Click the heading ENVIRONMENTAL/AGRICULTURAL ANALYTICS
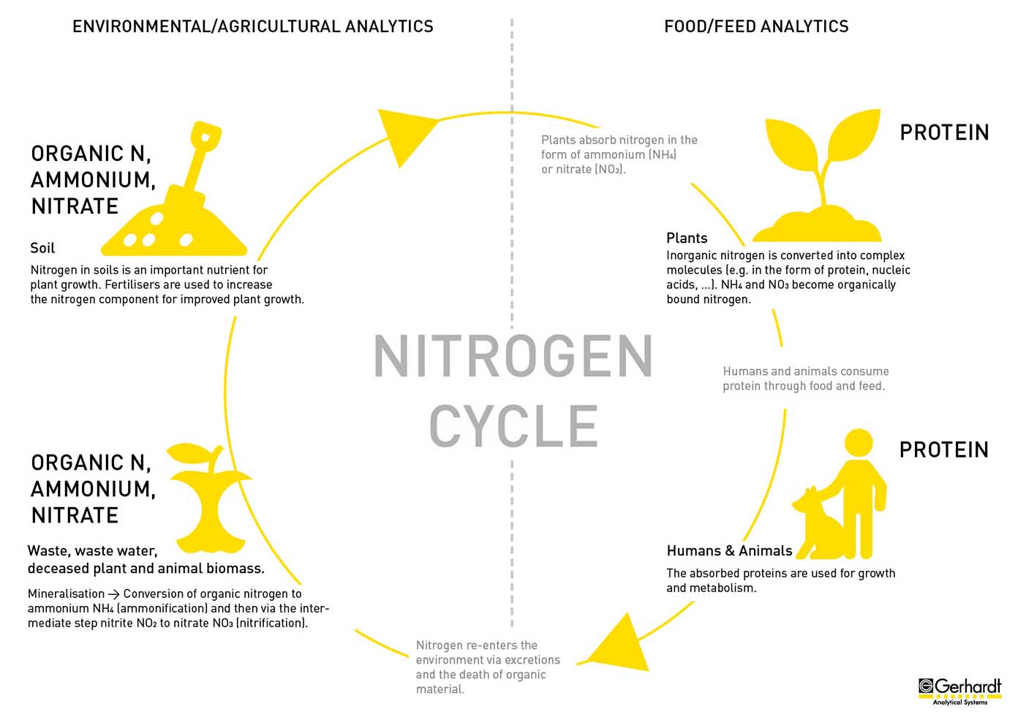click(253, 26)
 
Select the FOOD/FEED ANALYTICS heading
click(756, 26)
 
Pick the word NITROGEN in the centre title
click(513, 356)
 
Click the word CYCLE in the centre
click(513, 426)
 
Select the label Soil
click(42, 248)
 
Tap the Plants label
click(687, 238)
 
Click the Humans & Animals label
click(729, 550)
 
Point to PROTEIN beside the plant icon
click(944, 132)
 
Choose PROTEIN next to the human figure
click(944, 449)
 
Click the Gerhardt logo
click(959, 692)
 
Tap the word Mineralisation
click(66, 594)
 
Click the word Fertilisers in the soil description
click(132, 285)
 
